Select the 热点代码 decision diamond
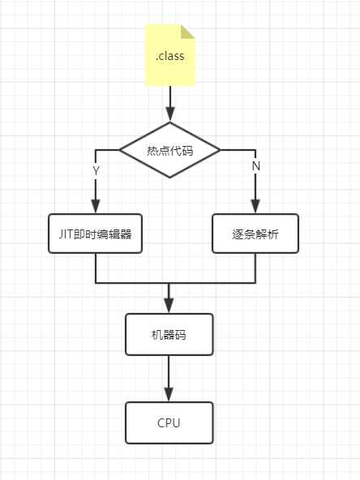(170, 150)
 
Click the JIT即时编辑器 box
(96, 234)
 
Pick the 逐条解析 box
(255, 234)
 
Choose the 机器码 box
(169, 334)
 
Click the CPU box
(169, 422)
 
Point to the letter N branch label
(255, 165)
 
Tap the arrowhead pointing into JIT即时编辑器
(96, 206)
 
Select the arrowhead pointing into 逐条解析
(255, 206)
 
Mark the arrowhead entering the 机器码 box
(169, 306)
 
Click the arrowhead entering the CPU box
(169, 395)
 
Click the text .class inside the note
(170, 57)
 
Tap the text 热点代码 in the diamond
(170, 150)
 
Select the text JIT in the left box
(66, 234)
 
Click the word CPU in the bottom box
(169, 422)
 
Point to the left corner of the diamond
(121, 150)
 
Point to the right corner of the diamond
(220, 150)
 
